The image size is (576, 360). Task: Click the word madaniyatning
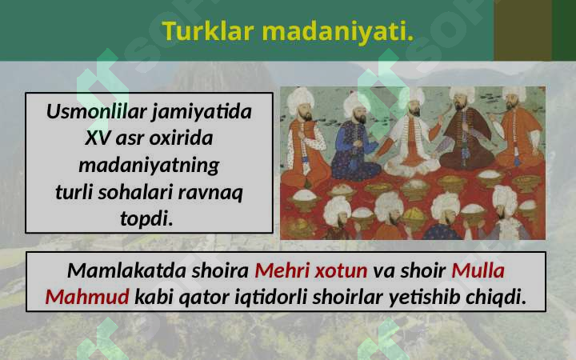[148, 166]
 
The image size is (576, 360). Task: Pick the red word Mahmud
[86, 298]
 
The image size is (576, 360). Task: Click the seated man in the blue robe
[353, 144]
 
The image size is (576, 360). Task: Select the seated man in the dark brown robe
[464, 140]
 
